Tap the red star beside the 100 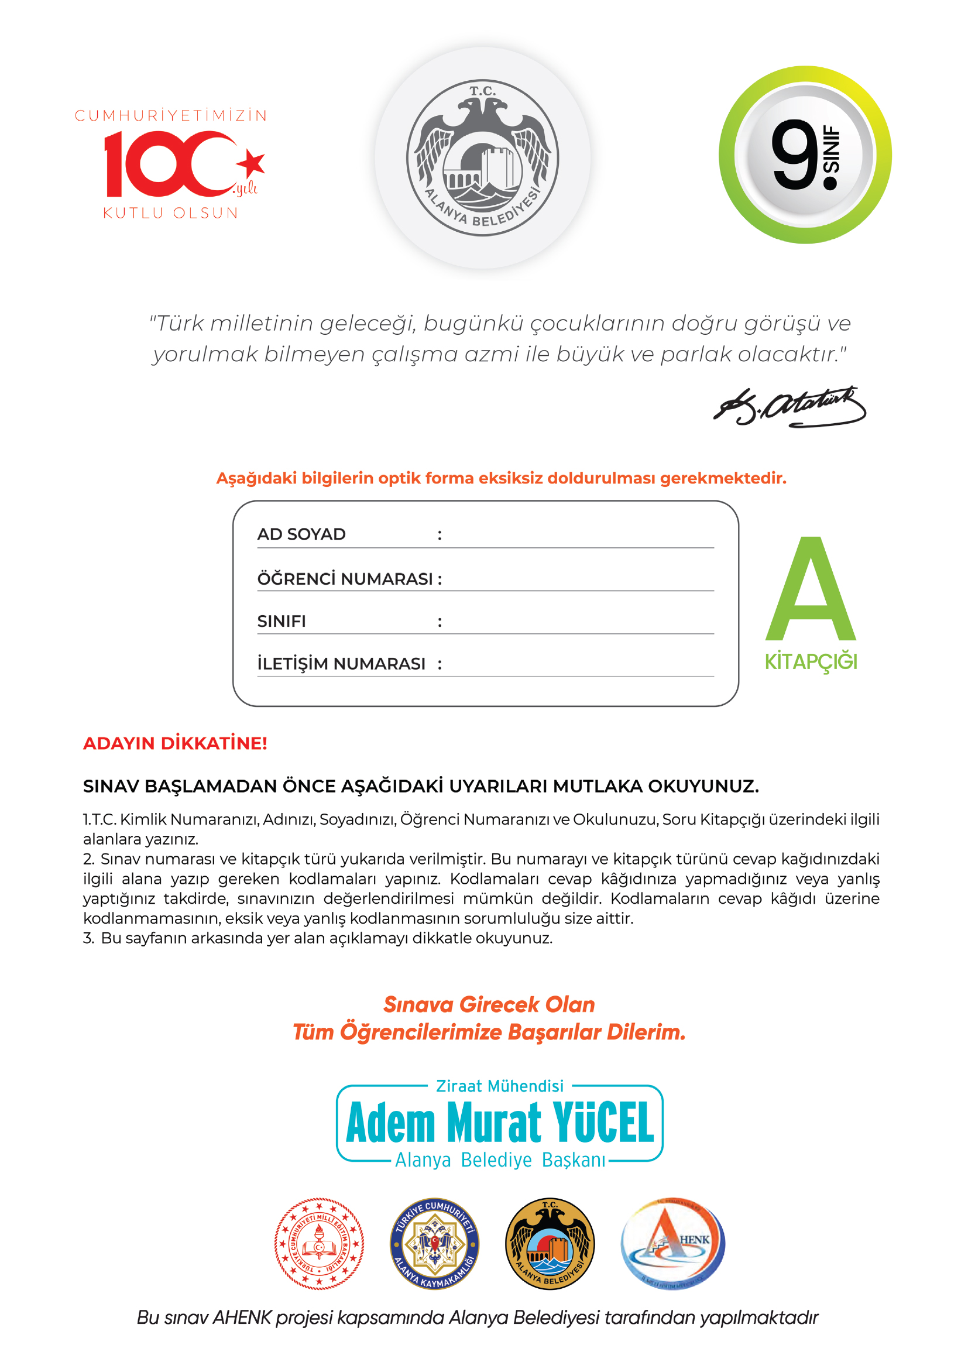(252, 163)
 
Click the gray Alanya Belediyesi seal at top (482, 158)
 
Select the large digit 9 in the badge (795, 155)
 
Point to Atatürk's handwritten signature (789, 408)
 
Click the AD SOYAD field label (301, 534)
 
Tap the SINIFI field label (282, 622)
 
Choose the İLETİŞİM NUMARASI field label (341, 664)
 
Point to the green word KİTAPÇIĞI (811, 662)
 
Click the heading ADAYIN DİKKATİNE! (175, 743)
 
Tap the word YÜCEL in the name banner (603, 1123)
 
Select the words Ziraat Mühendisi (499, 1086)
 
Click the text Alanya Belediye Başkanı (499, 1160)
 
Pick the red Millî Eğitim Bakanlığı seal (319, 1244)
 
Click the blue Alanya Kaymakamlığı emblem (434, 1244)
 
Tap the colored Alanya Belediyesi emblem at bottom (550, 1244)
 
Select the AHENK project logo (673, 1244)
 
